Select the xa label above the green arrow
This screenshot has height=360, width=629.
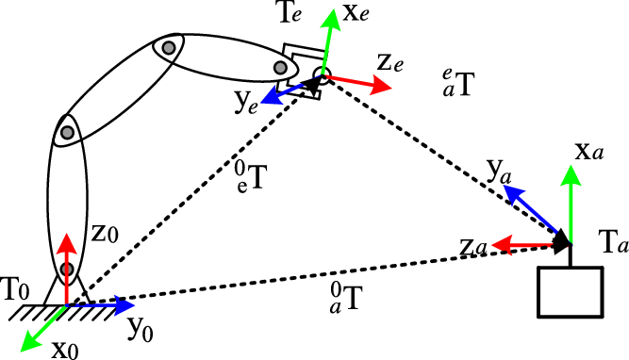591,151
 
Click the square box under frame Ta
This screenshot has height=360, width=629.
569,291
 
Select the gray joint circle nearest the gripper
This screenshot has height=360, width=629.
280,68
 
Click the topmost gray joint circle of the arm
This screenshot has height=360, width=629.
169,46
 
